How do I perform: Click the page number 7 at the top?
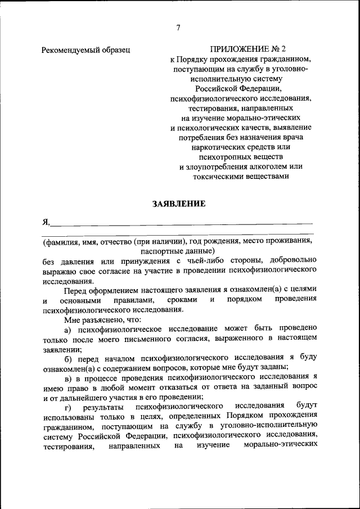(x=178, y=28)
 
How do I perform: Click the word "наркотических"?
(x=217, y=147)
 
